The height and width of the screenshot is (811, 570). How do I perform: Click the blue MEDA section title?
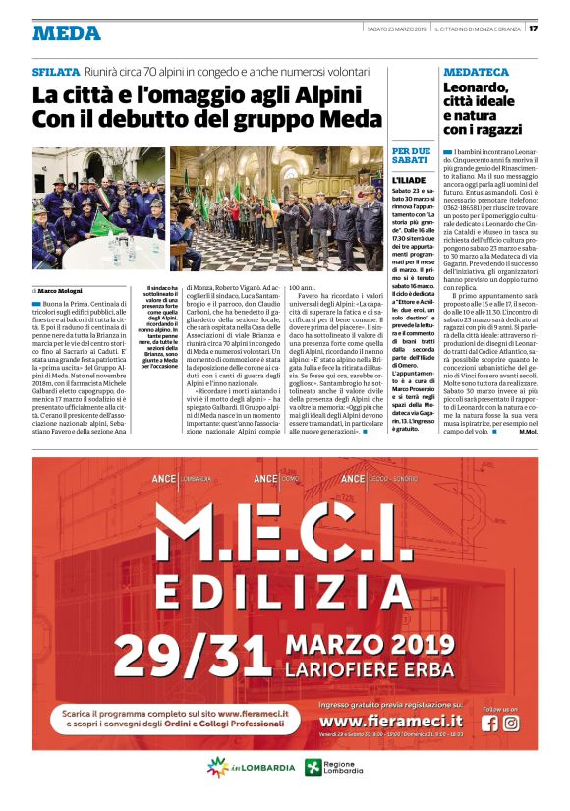point(66,32)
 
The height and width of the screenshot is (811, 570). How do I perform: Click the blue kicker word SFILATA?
point(55,73)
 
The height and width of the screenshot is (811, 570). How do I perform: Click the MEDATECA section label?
point(476,73)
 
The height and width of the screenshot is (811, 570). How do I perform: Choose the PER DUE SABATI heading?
point(411,154)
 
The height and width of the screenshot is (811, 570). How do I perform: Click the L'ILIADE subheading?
point(409,182)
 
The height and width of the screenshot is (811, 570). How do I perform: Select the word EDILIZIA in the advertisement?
point(285,593)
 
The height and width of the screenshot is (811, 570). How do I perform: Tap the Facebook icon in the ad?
point(490,723)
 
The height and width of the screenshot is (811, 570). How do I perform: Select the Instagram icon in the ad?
point(511,723)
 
